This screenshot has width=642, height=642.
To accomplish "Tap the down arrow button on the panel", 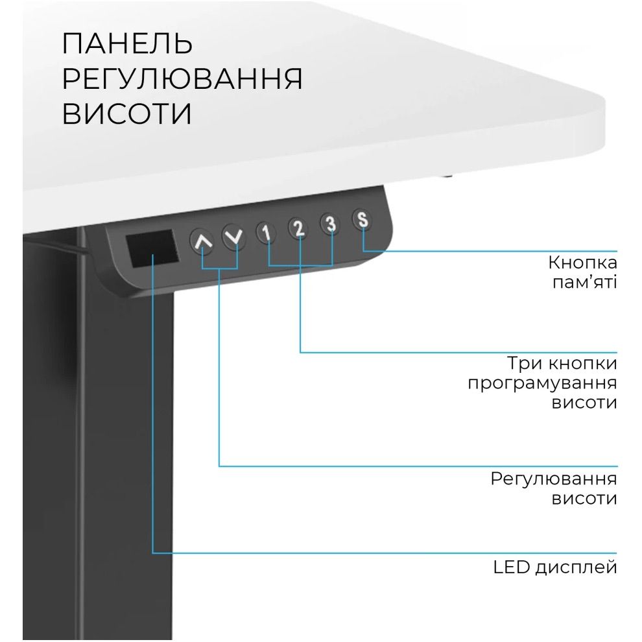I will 235,237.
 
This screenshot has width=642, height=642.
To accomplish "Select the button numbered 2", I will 298,228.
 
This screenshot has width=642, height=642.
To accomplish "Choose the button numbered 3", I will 331,224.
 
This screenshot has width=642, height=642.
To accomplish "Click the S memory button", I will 363,219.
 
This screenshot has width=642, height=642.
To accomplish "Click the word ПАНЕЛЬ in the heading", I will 128,44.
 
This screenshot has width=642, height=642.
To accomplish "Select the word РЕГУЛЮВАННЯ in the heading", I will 182,78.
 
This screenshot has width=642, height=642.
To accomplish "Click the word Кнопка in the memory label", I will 582,263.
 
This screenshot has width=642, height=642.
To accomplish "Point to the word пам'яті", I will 584,283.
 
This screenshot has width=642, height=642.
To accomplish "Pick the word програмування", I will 542,383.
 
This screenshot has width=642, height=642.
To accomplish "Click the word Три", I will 524,363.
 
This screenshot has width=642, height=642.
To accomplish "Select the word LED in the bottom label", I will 510,567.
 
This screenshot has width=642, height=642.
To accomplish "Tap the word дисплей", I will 576,568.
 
